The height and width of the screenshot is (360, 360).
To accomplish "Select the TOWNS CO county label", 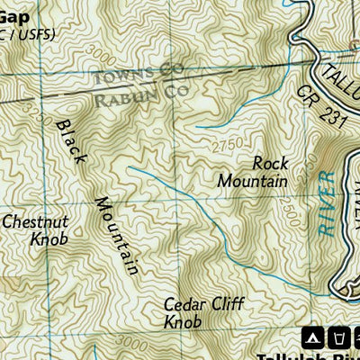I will (139, 74).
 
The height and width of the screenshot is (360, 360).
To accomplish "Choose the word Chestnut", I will (37, 221).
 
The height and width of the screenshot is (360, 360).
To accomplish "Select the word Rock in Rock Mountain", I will (269, 163).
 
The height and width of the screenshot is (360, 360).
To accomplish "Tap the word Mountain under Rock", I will (253, 181).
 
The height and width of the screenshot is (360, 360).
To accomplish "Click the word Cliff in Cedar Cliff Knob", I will (225, 303).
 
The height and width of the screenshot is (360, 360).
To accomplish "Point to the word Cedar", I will (184, 303).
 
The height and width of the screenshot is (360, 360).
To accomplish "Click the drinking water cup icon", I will (339, 337).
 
